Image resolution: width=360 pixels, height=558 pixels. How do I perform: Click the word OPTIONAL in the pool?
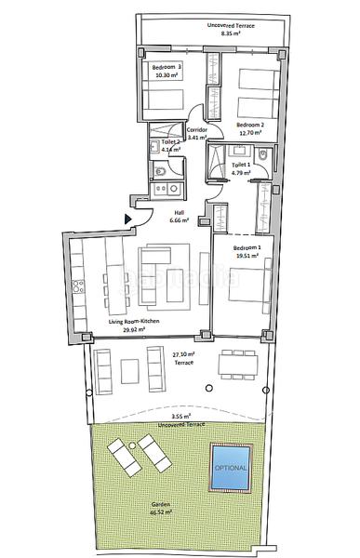click(231, 466)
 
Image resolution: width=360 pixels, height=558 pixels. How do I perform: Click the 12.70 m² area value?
click(249, 133)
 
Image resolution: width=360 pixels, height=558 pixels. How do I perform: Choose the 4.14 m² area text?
click(170, 149)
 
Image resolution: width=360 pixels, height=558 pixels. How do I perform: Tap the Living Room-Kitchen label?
click(135, 321)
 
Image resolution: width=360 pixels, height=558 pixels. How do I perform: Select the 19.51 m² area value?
click(247, 257)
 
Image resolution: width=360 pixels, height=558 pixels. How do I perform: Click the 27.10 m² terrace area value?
click(183, 353)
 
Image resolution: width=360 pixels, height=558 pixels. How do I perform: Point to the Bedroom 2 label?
click(250, 125)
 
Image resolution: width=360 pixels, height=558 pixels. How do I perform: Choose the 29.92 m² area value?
click(135, 328)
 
